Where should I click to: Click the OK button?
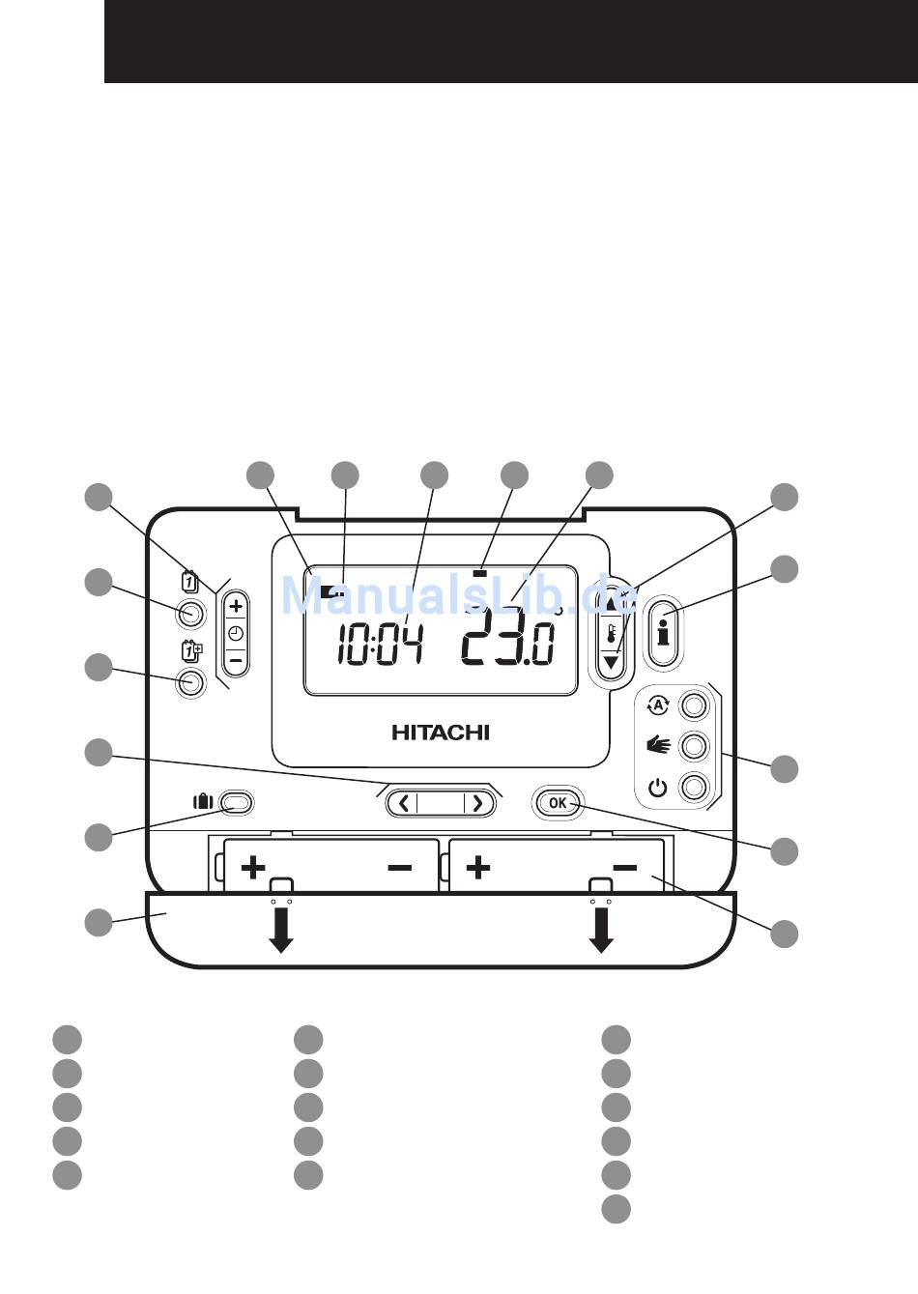[558, 802]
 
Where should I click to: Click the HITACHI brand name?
[441, 733]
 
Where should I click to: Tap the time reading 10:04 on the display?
[379, 645]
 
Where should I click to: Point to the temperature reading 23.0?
[508, 641]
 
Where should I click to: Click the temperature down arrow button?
[612, 663]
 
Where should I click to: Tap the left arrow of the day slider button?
[404, 802]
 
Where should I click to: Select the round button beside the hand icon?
[694, 746]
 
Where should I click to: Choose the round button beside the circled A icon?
[694, 705]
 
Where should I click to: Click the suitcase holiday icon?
[203, 801]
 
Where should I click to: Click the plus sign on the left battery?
[253, 867]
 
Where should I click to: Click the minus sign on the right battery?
[624, 868]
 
